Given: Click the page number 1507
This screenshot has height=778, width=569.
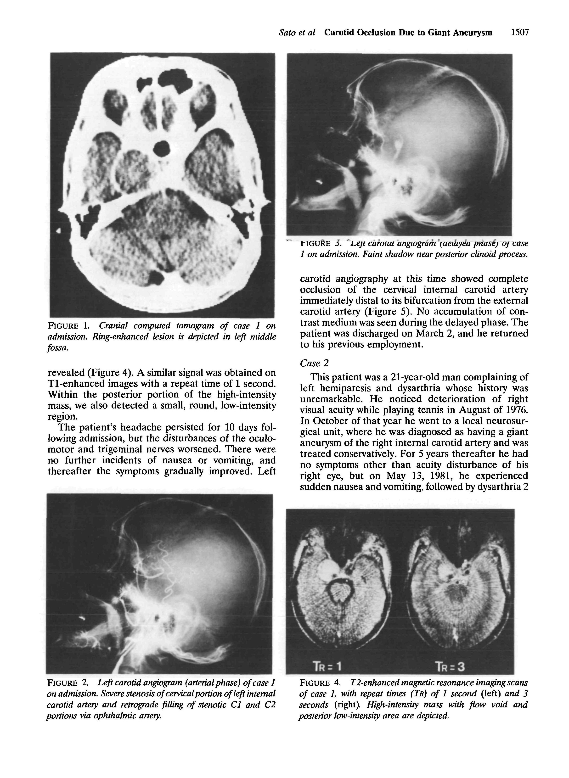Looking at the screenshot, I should [x=519, y=33].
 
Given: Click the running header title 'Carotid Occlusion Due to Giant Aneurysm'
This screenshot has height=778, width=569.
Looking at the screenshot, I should [x=408, y=33].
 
